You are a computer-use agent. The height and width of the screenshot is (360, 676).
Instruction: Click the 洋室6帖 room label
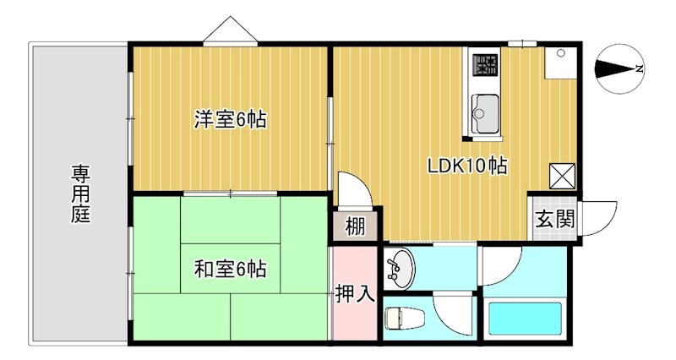[x=230, y=119]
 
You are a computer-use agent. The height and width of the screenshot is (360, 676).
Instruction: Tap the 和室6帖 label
[x=230, y=269]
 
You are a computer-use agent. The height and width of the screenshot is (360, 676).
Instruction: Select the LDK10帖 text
[x=467, y=166]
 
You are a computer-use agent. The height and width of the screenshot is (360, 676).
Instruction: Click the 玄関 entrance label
[x=555, y=219]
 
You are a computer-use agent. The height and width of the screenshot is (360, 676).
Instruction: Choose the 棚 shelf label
[x=356, y=226]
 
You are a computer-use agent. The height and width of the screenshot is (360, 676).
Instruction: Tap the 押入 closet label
[x=354, y=293]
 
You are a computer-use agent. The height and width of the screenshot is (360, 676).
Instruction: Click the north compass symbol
[x=619, y=68]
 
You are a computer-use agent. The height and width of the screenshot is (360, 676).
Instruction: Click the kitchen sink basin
[x=485, y=113]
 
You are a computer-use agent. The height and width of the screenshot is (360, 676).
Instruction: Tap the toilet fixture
[x=404, y=319]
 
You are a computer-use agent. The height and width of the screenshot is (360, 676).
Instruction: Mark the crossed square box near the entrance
[x=562, y=176]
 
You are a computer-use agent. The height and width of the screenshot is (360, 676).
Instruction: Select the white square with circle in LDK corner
[x=560, y=63]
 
